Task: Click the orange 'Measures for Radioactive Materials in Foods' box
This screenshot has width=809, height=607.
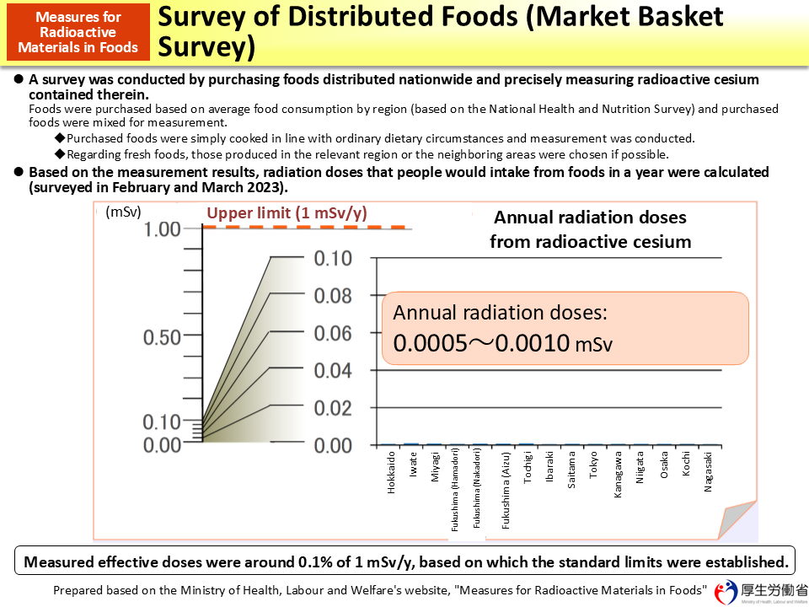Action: click(x=78, y=31)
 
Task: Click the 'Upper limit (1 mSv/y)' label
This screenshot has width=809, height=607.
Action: click(x=287, y=213)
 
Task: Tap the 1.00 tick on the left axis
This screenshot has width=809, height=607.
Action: click(x=163, y=229)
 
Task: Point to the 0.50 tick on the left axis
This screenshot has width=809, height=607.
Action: click(x=163, y=337)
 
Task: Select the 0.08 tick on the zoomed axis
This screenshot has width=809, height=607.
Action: click(x=333, y=296)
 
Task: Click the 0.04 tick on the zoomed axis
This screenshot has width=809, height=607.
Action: click(x=333, y=370)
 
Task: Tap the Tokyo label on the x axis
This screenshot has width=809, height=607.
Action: click(x=594, y=465)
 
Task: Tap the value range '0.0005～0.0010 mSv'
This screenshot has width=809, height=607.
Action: click(x=502, y=344)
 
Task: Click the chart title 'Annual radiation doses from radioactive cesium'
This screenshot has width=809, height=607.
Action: click(x=590, y=229)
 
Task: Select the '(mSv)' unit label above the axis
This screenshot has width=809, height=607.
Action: click(x=123, y=212)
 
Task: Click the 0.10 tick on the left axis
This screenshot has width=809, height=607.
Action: click(x=163, y=422)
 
